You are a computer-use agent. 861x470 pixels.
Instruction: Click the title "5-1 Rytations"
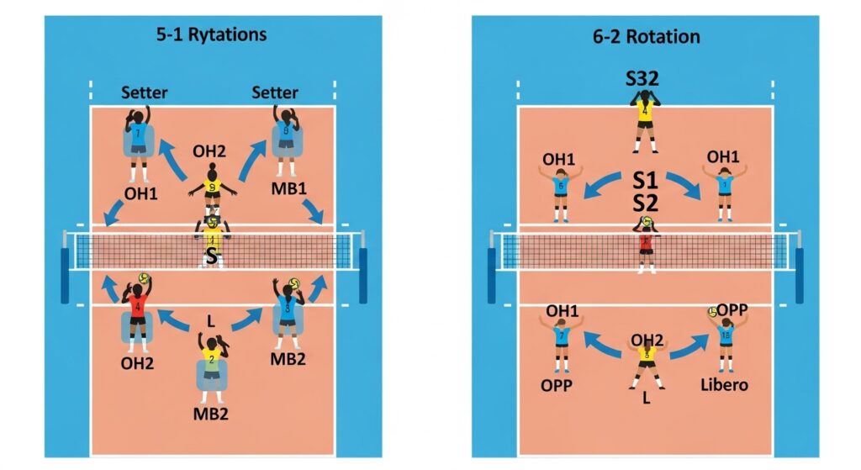211,35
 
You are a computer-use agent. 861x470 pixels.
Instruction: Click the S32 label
644,81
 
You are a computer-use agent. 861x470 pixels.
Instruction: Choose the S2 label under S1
644,203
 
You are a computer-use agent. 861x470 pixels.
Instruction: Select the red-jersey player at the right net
646,245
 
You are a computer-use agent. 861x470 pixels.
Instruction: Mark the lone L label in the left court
212,321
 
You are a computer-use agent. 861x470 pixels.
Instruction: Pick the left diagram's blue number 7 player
140,139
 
